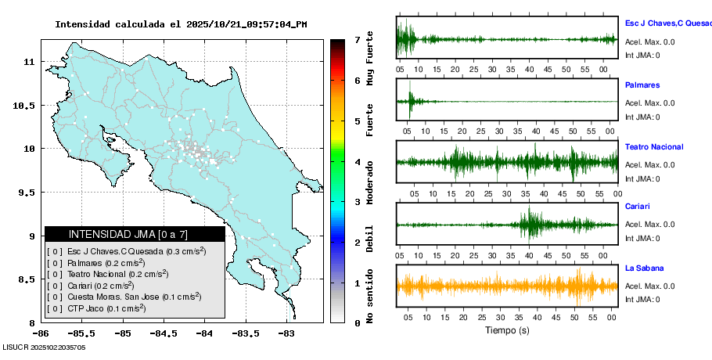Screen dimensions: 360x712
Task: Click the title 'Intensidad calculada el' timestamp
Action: [x=181, y=24]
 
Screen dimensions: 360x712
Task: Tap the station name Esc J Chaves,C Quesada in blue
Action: [x=667, y=24]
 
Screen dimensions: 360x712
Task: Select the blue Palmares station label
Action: [x=642, y=85]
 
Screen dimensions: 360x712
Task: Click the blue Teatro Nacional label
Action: [x=654, y=147]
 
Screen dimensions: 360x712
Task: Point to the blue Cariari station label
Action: [x=638, y=207]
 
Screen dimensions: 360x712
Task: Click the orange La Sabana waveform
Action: [x=507, y=286]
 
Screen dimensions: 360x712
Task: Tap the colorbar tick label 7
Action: [x=357, y=39]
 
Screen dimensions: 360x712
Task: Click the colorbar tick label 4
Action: [x=357, y=162]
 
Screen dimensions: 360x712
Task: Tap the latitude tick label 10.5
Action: [x=27, y=105]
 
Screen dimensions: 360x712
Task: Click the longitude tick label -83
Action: [x=286, y=333]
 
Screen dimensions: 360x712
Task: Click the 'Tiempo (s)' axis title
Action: [x=507, y=330]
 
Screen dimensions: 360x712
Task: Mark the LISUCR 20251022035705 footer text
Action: [x=44, y=347]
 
